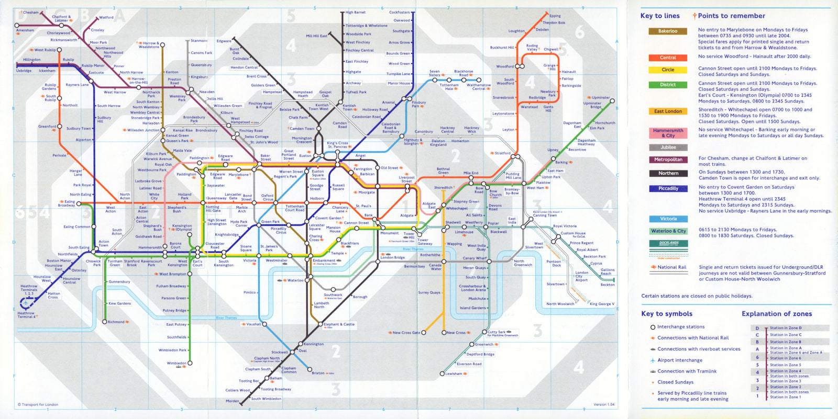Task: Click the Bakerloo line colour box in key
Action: tap(668, 31)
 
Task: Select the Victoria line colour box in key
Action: tap(668, 219)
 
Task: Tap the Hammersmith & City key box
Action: tap(668, 133)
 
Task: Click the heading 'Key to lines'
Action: tap(660, 16)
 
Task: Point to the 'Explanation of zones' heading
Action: tap(777, 314)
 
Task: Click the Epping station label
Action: tap(555, 16)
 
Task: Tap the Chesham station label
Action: tap(30, 13)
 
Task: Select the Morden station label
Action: tap(232, 401)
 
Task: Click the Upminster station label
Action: tap(601, 98)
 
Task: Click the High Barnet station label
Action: tap(356, 13)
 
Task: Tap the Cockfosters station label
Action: tap(399, 13)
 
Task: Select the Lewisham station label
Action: tap(454, 373)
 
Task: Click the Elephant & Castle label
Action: tap(339, 324)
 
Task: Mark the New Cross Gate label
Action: tap(406, 333)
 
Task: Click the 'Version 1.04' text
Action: tap(603, 404)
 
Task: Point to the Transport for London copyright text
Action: tap(38, 404)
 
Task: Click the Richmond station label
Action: tap(116, 322)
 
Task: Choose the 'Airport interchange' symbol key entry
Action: tap(680, 360)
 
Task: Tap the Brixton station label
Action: tap(318, 373)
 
